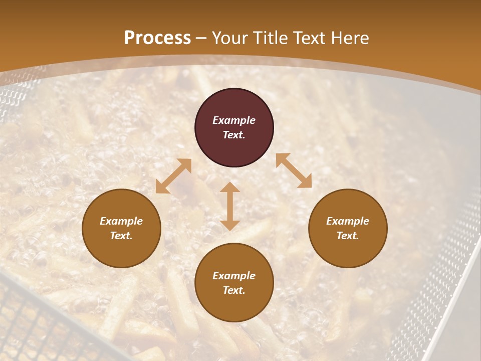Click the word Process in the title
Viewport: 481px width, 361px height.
(157, 38)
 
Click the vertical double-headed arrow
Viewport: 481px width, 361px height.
(230, 206)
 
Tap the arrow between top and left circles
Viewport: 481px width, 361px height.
(173, 176)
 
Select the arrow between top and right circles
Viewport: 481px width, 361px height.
(294, 170)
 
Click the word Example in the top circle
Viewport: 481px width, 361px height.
(234, 120)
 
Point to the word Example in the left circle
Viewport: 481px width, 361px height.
(121, 221)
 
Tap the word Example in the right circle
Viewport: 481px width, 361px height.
(348, 221)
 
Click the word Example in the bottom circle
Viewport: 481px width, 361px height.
(234, 276)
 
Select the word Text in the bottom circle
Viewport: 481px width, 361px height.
(234, 290)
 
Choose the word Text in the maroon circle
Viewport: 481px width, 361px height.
(234, 135)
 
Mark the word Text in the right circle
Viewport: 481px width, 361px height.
(348, 236)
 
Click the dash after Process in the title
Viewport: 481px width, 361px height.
(201, 39)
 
